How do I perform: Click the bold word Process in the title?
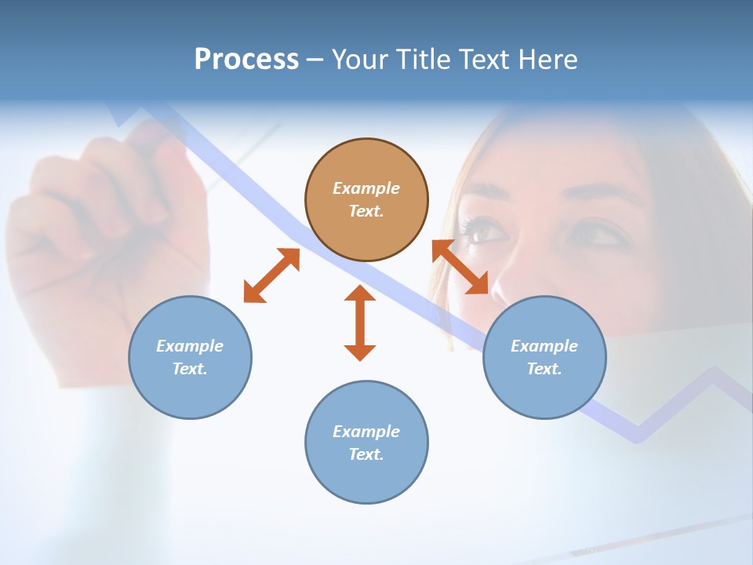[x=246, y=60]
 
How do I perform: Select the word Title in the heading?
[x=423, y=60]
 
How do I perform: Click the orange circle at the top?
[x=366, y=200]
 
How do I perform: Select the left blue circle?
[x=190, y=357]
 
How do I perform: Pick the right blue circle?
[x=544, y=357]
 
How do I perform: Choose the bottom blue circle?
[x=366, y=443]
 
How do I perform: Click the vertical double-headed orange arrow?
[x=360, y=323]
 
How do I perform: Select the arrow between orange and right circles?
[x=460, y=267]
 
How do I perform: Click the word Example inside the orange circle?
[x=366, y=188]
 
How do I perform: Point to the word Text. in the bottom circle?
[x=366, y=454]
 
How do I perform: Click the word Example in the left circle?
[x=190, y=346]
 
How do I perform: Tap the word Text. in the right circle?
[x=544, y=369]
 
